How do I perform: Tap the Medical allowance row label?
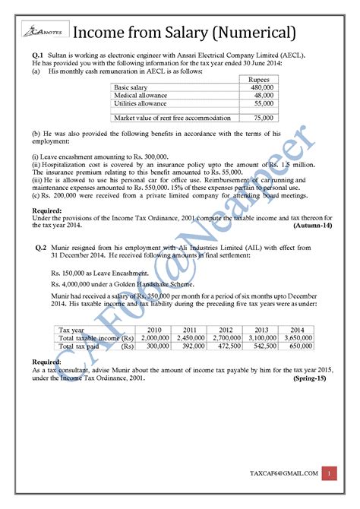pos(141,96)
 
